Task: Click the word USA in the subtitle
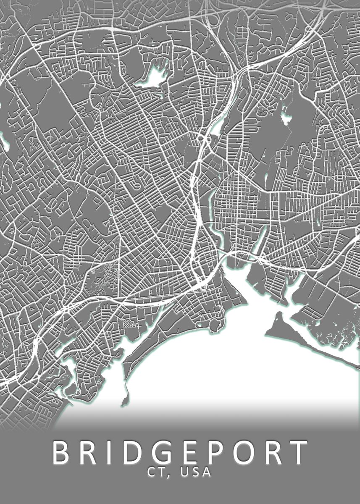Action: tap(195, 472)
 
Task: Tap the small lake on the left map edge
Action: tap(5, 143)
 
